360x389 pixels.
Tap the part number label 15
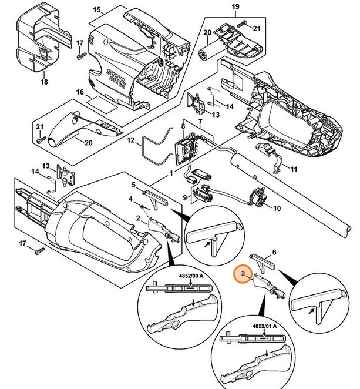click(x=97, y=10)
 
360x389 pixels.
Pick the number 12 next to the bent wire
click(x=132, y=140)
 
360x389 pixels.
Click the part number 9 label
click(x=184, y=197)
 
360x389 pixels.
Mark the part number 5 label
click(x=134, y=185)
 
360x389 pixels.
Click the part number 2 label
click(x=137, y=219)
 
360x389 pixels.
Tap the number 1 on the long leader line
click(x=171, y=174)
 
